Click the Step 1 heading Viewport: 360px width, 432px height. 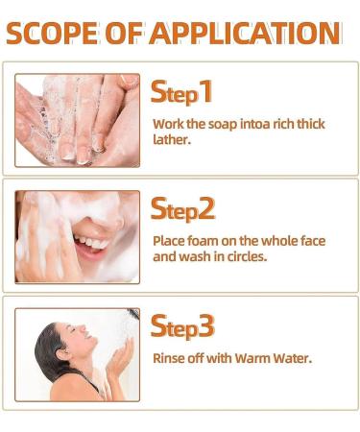click(181, 92)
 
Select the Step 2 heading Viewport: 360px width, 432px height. click(182, 208)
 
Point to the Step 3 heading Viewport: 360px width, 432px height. click(182, 325)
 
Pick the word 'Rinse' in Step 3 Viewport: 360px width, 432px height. click(170, 359)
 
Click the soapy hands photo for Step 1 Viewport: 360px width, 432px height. click(77, 120)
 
